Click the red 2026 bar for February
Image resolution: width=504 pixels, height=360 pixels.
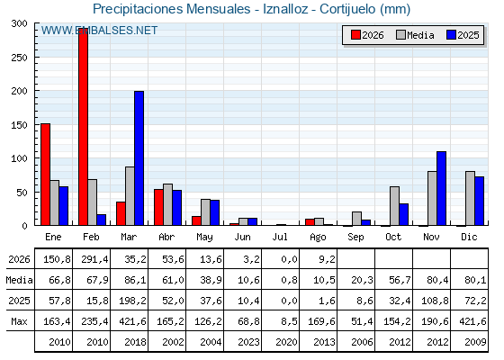83,127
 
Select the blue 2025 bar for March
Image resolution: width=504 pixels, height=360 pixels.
139,158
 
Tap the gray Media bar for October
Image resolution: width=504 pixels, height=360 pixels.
395,206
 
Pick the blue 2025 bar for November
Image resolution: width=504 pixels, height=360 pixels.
442,188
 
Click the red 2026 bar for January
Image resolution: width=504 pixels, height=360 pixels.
45,175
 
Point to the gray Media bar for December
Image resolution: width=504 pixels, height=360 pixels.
470,198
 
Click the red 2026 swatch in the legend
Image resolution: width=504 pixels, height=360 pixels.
355,35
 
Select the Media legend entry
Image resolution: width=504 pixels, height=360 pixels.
415,35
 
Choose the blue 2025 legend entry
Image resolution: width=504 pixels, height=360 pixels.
463,35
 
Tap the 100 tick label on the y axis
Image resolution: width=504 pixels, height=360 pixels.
19,158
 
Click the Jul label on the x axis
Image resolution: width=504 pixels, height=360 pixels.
280,238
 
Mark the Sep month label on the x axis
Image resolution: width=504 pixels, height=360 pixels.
355,238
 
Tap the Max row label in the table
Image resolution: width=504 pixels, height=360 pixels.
19,321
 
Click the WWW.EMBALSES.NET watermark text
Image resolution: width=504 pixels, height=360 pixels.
99,31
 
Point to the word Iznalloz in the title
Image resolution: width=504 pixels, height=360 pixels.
285,9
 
